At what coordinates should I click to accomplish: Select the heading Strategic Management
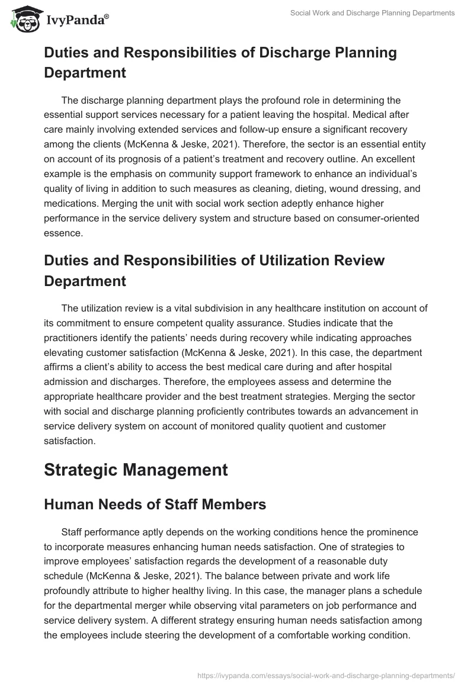136,470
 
